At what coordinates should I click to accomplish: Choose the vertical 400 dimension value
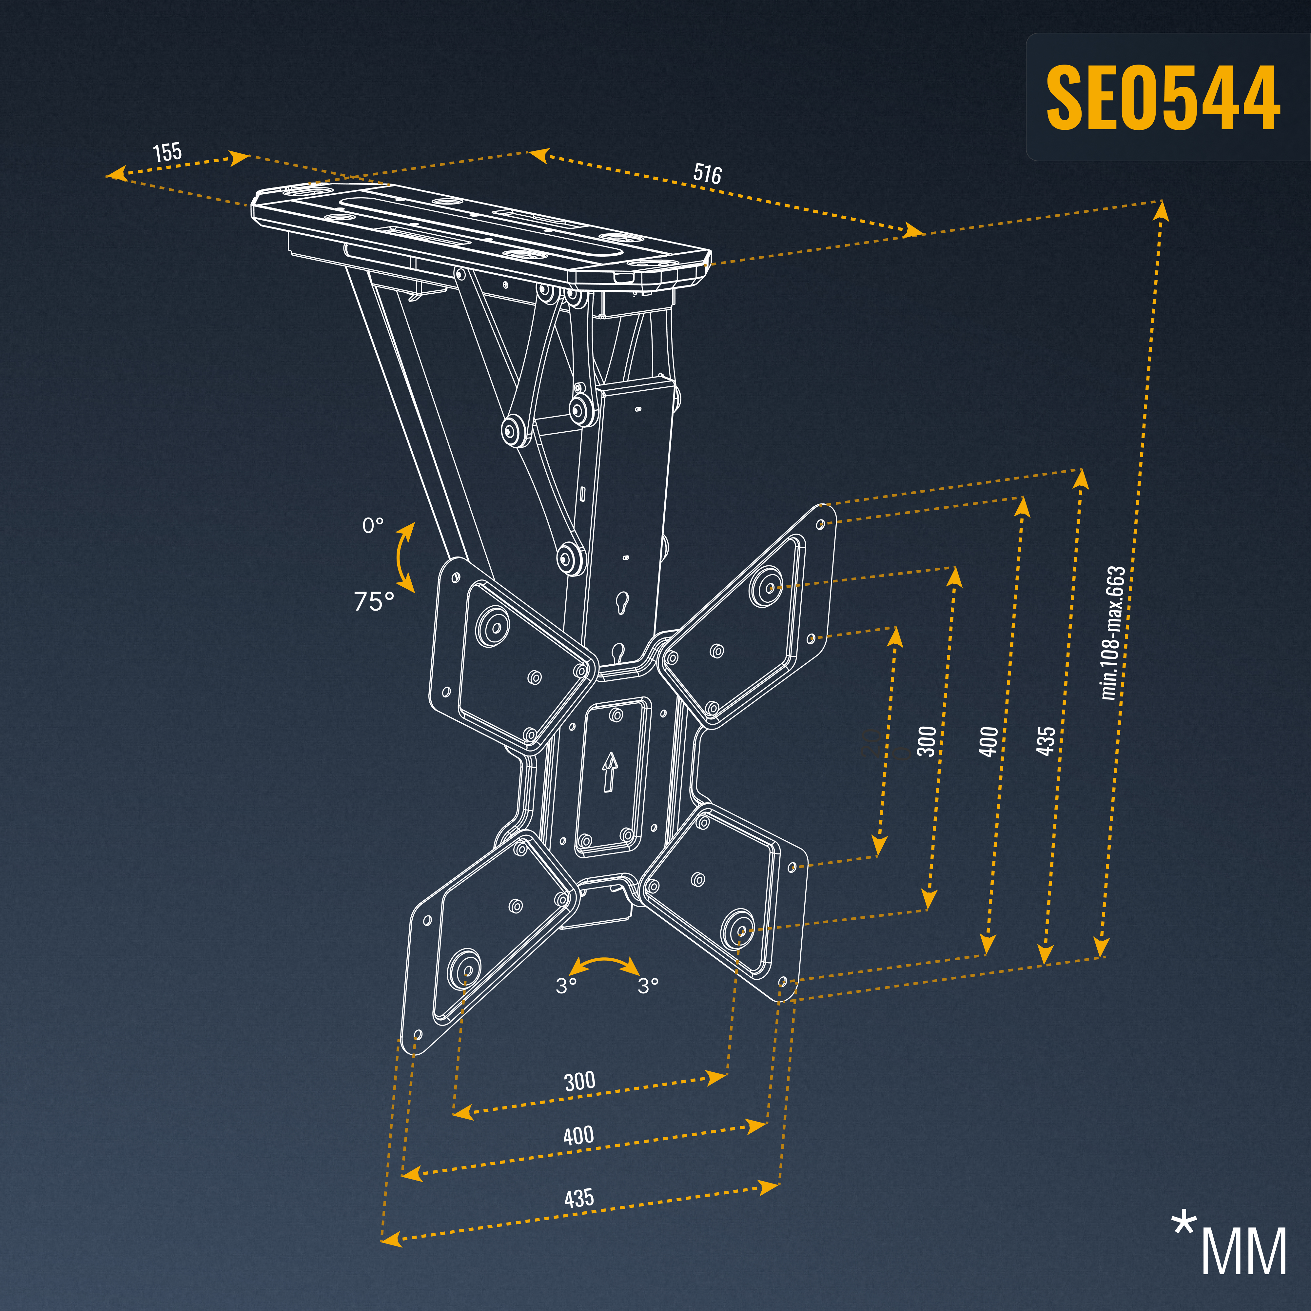989,741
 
